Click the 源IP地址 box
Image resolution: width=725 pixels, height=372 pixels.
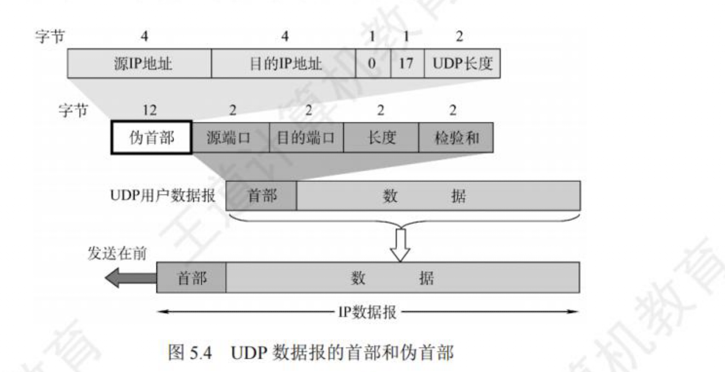coord(139,63)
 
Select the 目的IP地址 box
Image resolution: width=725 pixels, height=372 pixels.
coord(284,63)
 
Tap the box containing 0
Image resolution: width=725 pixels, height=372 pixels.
coord(373,63)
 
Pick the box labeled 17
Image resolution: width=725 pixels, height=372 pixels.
coord(407,63)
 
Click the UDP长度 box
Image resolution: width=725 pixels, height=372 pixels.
coord(462,63)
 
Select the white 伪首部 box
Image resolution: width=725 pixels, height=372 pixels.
coord(152,138)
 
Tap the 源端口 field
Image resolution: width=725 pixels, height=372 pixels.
coord(230,138)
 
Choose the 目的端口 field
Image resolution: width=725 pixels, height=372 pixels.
coord(306,138)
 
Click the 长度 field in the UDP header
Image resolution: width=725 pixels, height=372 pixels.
coord(381,138)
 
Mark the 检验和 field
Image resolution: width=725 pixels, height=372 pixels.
coord(456,138)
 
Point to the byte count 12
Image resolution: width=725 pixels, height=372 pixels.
coord(149,110)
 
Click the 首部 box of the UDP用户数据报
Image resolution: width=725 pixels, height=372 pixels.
coord(261,196)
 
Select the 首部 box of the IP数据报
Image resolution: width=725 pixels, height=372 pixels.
coord(191,278)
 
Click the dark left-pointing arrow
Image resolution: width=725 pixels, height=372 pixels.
coord(131,278)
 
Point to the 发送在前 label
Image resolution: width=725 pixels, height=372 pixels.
coord(117,253)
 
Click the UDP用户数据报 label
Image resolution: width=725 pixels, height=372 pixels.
coord(163,195)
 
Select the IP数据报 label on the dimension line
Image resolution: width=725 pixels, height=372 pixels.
coord(367,312)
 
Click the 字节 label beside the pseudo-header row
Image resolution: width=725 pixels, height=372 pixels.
coord(73,110)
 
